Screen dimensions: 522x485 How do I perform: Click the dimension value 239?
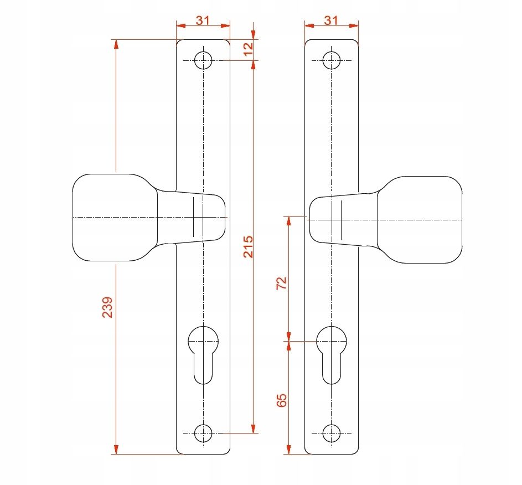(107, 307)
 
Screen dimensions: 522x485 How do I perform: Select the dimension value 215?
(249, 247)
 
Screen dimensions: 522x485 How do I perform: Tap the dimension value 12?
(249, 49)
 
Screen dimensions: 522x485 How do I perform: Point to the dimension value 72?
(282, 283)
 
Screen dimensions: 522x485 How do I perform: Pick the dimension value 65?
(282, 400)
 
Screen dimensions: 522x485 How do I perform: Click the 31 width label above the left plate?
(203, 20)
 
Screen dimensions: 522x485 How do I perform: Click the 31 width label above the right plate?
(331, 20)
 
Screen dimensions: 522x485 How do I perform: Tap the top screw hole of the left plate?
(203, 60)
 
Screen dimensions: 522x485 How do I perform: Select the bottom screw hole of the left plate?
(203, 433)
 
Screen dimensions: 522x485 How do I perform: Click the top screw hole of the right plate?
(332, 60)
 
